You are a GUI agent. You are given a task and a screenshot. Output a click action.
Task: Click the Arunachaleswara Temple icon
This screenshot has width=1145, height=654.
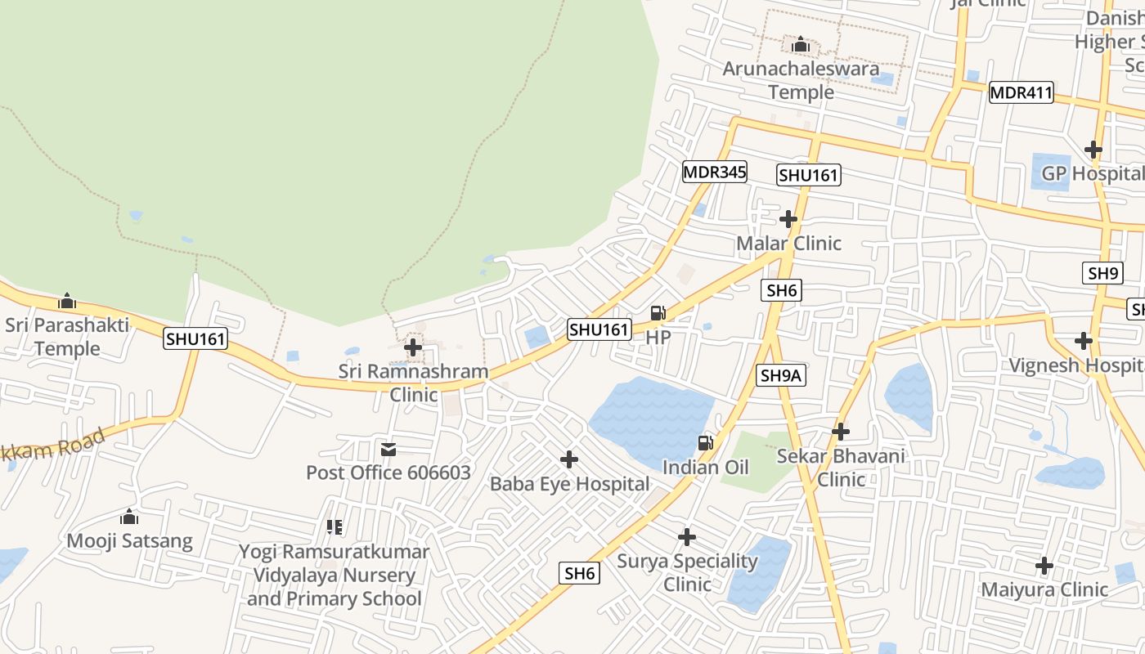pyautogui.click(x=801, y=43)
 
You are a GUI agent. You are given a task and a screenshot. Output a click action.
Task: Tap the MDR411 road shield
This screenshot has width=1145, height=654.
pyautogui.click(x=1021, y=92)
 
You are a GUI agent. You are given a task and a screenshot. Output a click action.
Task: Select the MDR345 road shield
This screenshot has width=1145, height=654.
pyautogui.click(x=714, y=172)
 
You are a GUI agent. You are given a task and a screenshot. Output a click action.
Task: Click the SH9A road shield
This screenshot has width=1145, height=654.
pyautogui.click(x=782, y=375)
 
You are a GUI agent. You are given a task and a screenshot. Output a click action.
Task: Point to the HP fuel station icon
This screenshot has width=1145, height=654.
pyautogui.click(x=658, y=313)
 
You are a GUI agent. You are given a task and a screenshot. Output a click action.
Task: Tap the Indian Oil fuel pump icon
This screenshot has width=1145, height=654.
pyautogui.click(x=704, y=443)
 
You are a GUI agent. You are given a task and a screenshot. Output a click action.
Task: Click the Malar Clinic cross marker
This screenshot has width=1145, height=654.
pyautogui.click(x=788, y=219)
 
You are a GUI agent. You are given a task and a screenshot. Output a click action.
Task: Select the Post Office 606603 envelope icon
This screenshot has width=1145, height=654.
pyautogui.click(x=388, y=450)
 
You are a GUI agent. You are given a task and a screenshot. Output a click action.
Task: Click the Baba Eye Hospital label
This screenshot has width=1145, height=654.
pyautogui.click(x=569, y=484)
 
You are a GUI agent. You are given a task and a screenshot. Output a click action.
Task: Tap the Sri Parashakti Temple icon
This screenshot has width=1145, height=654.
pyautogui.click(x=67, y=302)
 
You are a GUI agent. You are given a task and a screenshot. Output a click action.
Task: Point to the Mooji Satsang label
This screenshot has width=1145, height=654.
pyautogui.click(x=129, y=541)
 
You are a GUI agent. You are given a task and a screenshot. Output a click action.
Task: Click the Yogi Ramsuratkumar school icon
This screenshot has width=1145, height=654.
pyautogui.click(x=334, y=527)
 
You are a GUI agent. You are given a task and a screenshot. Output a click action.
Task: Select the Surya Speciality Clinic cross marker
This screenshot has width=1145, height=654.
pyautogui.click(x=687, y=537)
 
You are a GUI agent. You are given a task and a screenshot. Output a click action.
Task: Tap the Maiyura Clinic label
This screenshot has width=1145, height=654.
pyautogui.click(x=1044, y=589)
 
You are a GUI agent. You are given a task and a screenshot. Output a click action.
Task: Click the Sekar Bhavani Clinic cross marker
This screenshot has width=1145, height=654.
pyautogui.click(x=841, y=432)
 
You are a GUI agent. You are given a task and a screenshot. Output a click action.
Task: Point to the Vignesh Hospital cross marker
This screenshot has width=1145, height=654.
pyautogui.click(x=1084, y=341)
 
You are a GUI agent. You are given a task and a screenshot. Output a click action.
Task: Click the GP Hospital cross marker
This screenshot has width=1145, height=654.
pyautogui.click(x=1093, y=150)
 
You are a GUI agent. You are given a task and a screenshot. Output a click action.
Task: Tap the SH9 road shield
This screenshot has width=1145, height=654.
pyautogui.click(x=1102, y=273)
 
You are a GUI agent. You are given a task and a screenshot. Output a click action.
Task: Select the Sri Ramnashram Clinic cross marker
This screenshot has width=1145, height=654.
pyautogui.click(x=413, y=347)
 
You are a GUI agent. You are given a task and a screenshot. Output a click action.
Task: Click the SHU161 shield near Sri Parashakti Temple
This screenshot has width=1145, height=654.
pyautogui.click(x=195, y=338)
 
